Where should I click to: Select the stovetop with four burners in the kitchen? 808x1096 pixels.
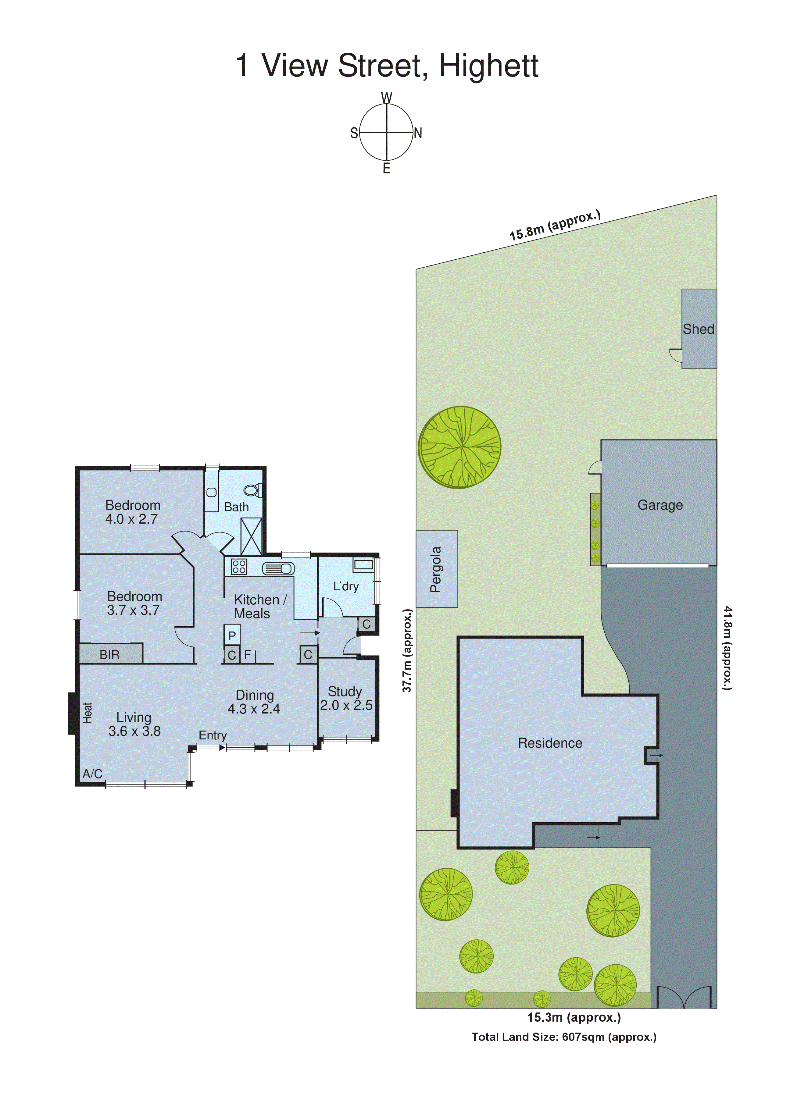click(239, 567)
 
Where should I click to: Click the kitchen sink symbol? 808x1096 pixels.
click(278, 568)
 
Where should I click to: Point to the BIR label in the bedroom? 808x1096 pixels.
click(109, 655)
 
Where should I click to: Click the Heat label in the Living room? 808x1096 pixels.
click(88, 713)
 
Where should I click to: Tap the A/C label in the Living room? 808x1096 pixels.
click(92, 774)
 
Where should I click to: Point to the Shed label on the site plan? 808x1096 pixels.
click(699, 329)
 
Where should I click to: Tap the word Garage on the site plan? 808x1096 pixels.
click(660, 505)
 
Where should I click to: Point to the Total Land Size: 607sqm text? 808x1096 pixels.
click(563, 1037)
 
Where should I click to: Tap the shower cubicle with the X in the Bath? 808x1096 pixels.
click(251, 536)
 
